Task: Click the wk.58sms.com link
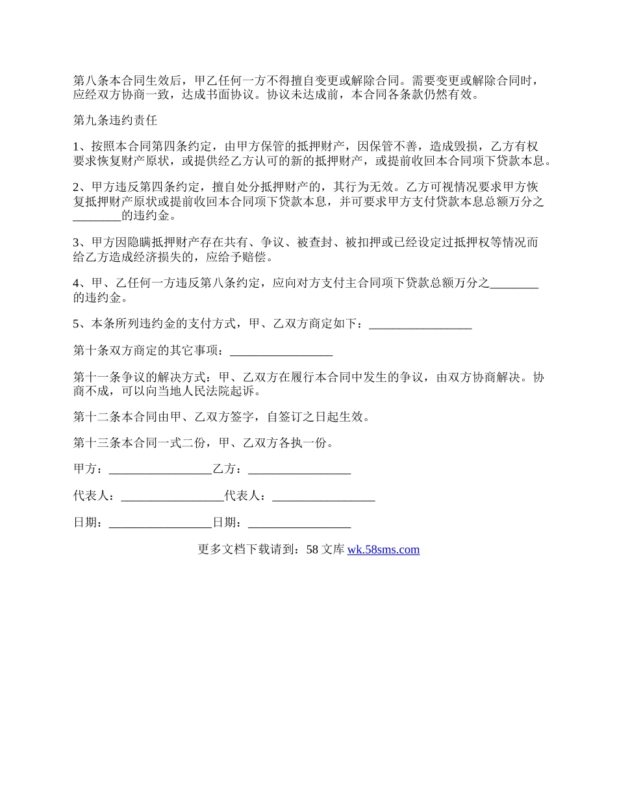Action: click(383, 550)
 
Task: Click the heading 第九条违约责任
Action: click(115, 120)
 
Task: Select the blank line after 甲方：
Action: click(160, 469)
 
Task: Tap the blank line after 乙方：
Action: click(299, 469)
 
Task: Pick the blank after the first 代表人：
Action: click(172, 496)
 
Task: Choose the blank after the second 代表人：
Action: click(323, 496)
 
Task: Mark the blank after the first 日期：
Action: click(160, 522)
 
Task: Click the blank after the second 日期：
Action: click(299, 522)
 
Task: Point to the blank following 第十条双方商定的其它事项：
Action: click(281, 351)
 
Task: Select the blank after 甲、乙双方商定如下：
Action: click(420, 323)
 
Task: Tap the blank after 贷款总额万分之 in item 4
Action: click(514, 283)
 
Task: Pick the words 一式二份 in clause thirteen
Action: click(184, 443)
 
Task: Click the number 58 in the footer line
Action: click(312, 550)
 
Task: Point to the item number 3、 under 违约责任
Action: click(81, 242)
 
